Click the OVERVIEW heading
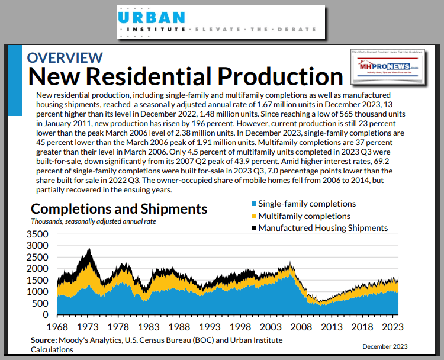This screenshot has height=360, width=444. click(x=65, y=57)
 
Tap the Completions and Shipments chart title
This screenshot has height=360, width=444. click(x=119, y=208)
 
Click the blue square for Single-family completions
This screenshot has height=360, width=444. click(x=253, y=204)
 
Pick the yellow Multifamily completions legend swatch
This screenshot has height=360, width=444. click(x=253, y=216)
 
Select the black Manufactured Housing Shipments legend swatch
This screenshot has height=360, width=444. click(x=253, y=228)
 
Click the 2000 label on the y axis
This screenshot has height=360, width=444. click(x=39, y=269)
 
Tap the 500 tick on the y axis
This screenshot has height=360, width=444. click(x=43, y=303)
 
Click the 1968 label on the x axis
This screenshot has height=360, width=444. click(x=58, y=327)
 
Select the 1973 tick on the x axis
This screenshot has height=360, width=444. click(x=88, y=327)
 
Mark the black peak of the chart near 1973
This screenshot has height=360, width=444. click(x=89, y=250)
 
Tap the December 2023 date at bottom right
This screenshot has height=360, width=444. click(x=385, y=346)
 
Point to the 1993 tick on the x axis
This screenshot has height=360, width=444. click(x=210, y=327)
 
